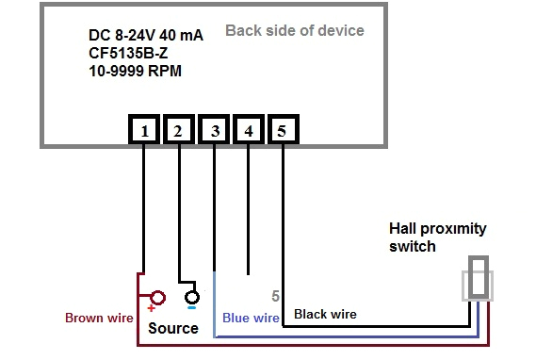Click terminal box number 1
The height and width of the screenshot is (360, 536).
pos(143,132)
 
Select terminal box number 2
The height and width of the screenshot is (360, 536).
pos(178,132)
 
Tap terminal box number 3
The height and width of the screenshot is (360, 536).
pos(215,132)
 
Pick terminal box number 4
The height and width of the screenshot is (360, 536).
pos(248,132)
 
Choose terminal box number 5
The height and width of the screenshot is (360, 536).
pos(282,132)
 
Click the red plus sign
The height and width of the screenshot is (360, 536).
pos(149,308)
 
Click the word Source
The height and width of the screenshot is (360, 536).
pos(172,328)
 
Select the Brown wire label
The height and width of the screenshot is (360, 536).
pos(99,318)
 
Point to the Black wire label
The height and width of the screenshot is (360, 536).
pos(325,314)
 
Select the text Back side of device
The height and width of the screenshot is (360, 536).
pos(294,31)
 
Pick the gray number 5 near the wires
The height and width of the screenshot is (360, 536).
pos(275,296)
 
